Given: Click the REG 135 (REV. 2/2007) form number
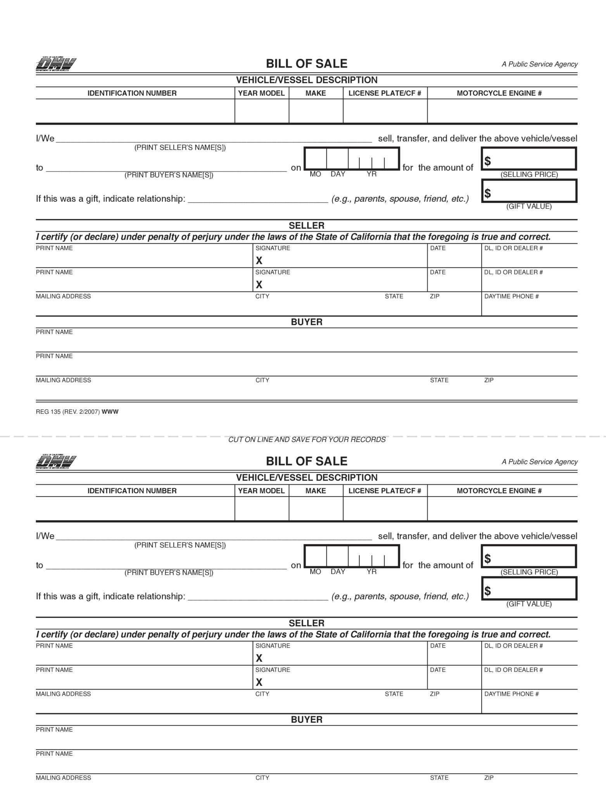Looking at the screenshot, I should (68, 412).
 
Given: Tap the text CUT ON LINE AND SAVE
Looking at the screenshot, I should (307, 439).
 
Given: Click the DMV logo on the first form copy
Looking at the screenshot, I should (56, 64).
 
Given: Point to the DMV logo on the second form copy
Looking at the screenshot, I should (56, 462).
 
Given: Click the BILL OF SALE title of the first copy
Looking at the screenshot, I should (306, 64).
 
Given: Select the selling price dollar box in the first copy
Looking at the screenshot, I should (529, 159).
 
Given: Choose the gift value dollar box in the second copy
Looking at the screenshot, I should (529, 588).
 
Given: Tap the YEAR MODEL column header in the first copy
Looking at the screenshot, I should (261, 93).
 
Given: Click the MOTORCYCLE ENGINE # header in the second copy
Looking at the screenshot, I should (499, 491).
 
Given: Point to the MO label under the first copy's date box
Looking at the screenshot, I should (315, 174).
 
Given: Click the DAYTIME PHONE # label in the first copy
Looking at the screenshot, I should (511, 296).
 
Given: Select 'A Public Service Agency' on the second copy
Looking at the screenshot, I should (539, 462).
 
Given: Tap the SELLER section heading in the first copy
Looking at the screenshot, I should (306, 226).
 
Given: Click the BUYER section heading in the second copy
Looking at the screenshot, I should (306, 719).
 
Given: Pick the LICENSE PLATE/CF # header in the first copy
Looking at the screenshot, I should (385, 93).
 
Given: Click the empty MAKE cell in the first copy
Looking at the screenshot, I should (316, 111).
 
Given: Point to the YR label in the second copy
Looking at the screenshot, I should (371, 571).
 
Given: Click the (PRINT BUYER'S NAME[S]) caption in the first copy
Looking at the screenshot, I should (169, 175).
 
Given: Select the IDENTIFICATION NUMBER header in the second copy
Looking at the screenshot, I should (132, 491).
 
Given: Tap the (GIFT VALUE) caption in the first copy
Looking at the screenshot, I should (529, 207).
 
